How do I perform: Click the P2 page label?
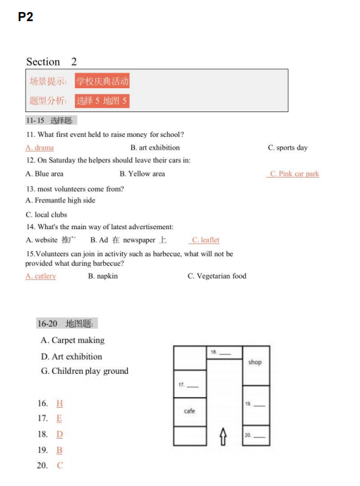(x=25, y=17)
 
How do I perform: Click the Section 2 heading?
(x=52, y=61)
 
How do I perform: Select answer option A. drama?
(x=40, y=147)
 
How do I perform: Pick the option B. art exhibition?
(x=155, y=147)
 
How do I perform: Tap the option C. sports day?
(x=288, y=147)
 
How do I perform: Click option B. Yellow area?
(x=143, y=174)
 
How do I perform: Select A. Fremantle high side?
(x=61, y=200)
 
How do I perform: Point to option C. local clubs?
(x=47, y=214)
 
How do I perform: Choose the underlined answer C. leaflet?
(x=205, y=240)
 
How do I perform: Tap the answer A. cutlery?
(x=41, y=276)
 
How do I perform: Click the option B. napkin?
(x=103, y=276)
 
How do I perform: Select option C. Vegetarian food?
(x=217, y=276)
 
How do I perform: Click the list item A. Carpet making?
(x=73, y=340)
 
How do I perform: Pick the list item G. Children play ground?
(x=85, y=371)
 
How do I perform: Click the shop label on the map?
(x=255, y=362)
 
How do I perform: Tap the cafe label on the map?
(x=189, y=411)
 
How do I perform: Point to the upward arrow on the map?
(x=223, y=437)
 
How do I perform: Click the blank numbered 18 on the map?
(x=221, y=353)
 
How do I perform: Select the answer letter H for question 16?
(x=59, y=403)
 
